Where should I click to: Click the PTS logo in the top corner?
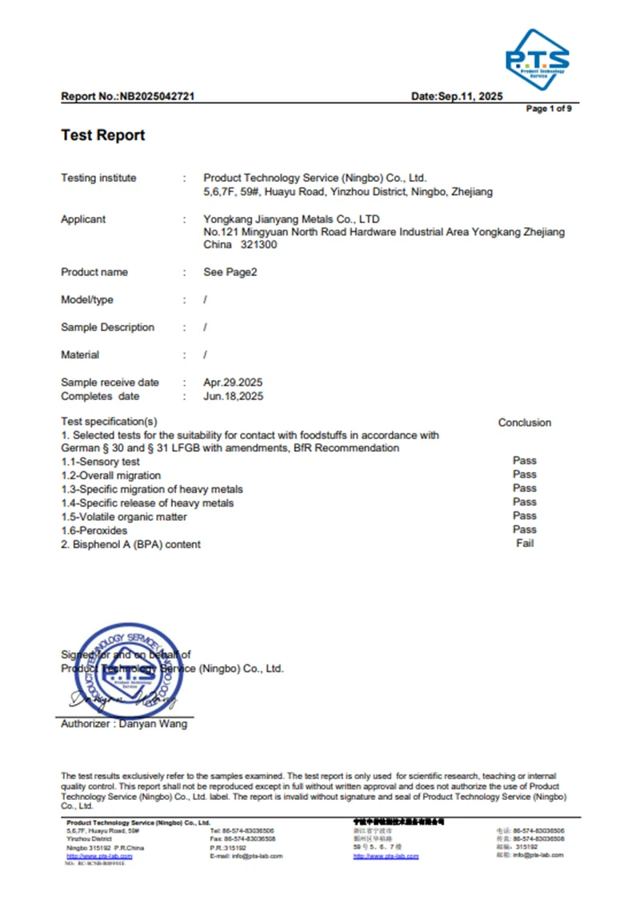[x=537, y=58]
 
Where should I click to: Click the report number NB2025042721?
[x=158, y=97]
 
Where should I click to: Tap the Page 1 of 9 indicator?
[x=548, y=109]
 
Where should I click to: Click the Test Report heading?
[x=103, y=135]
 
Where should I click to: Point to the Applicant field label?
[x=83, y=219]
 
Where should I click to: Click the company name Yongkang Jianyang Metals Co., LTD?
[x=291, y=219]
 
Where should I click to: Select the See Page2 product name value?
[x=230, y=272]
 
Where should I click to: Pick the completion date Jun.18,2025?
[x=234, y=396]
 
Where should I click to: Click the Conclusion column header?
[x=525, y=422]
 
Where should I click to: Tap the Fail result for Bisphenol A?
[x=525, y=544]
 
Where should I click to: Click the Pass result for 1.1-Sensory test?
[x=525, y=461]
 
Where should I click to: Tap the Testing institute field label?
[x=98, y=178]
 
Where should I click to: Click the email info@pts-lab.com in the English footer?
[x=242, y=856]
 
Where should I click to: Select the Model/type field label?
[x=87, y=300]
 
